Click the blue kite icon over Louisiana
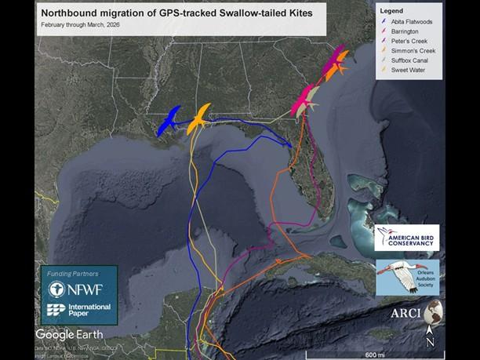tap(169, 121)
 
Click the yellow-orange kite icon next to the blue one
tap(199, 119)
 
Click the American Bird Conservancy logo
tap(406, 237)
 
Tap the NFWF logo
tap(78, 287)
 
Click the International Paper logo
tap(78, 311)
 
